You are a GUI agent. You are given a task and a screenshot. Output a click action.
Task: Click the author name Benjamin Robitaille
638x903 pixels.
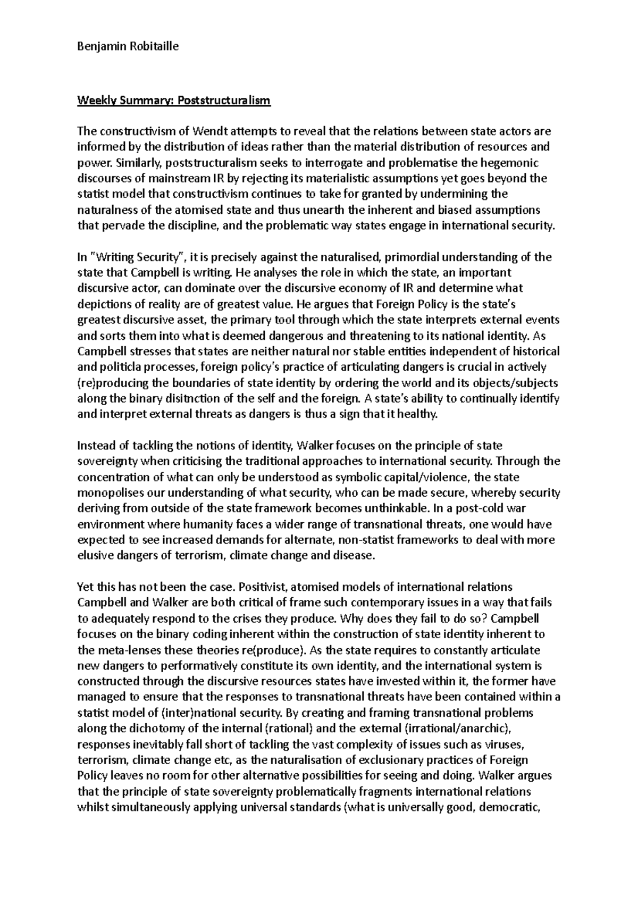[x=120, y=46]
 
